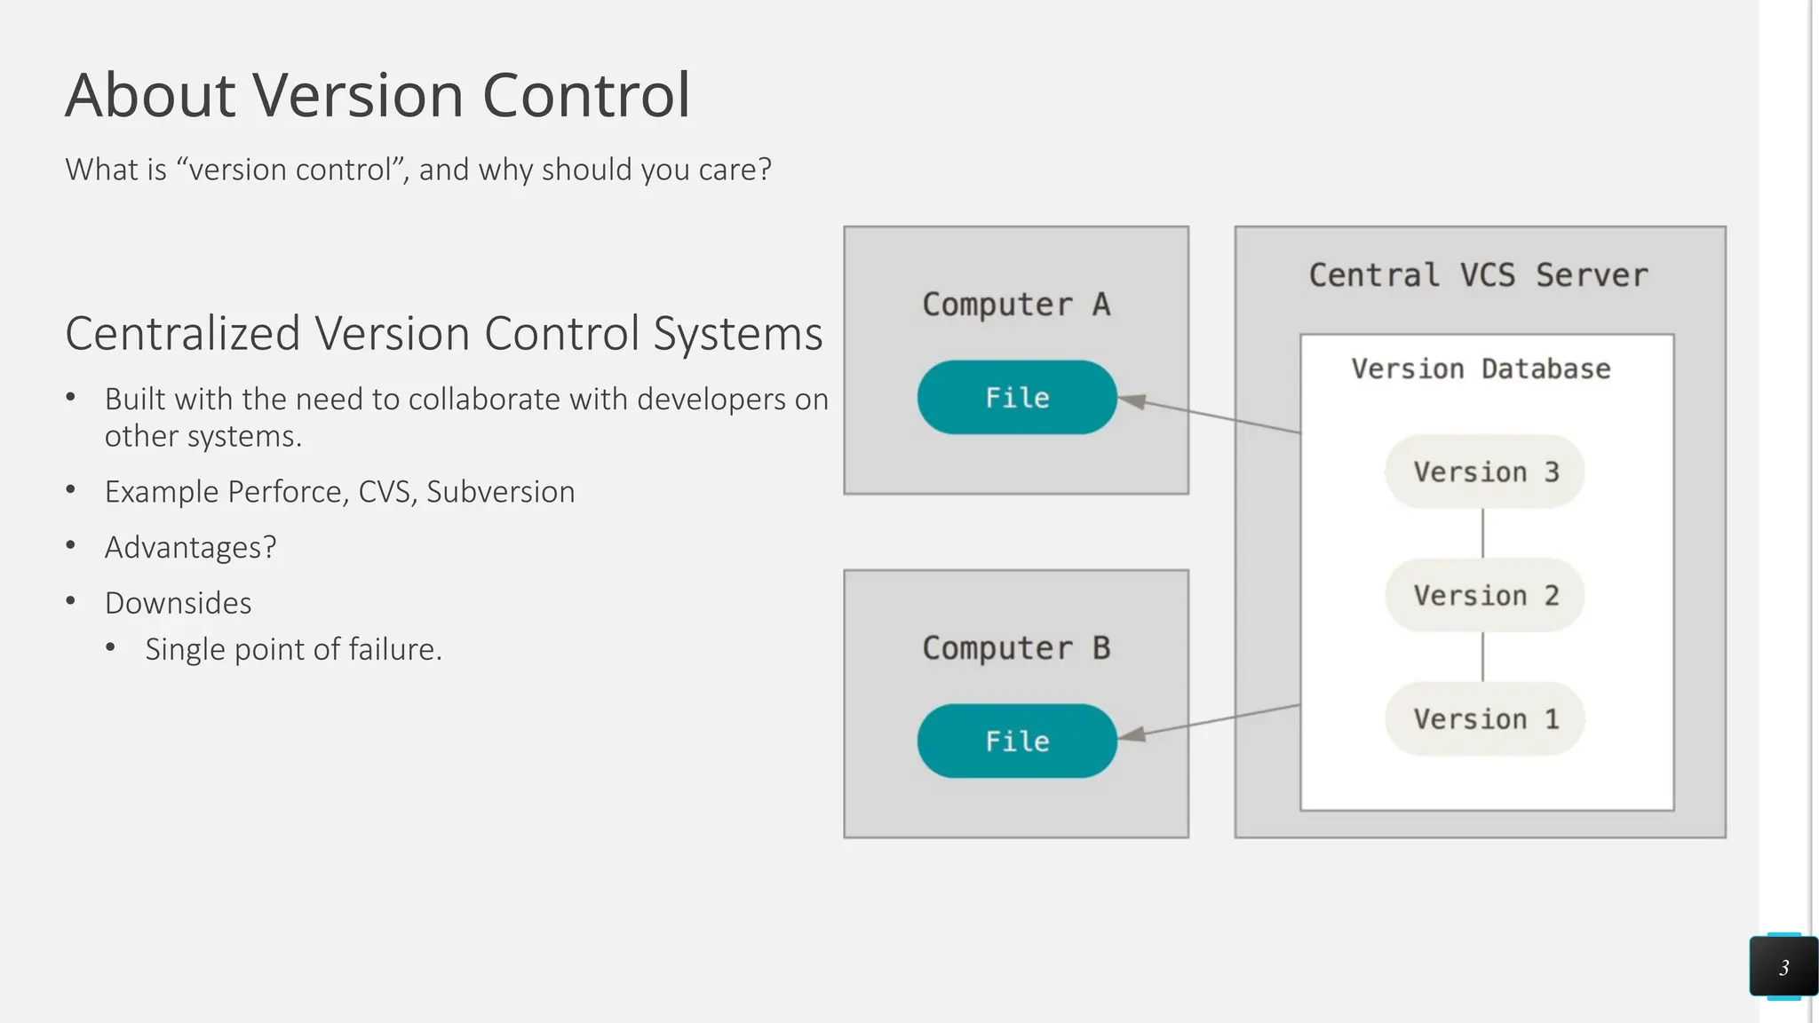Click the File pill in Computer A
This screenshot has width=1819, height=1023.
click(x=1017, y=397)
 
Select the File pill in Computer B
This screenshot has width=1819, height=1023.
click(x=1017, y=741)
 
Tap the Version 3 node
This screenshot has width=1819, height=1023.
click(x=1485, y=472)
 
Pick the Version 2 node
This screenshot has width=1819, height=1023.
click(x=1485, y=595)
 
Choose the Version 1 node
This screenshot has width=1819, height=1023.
click(x=1485, y=718)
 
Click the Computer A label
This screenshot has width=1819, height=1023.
click(x=1016, y=305)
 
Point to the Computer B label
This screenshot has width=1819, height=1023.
click(x=1016, y=648)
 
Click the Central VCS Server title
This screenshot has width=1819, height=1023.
click(x=1479, y=275)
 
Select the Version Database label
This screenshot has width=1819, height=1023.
click(x=1481, y=369)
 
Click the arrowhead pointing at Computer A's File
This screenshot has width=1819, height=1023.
click(x=1132, y=401)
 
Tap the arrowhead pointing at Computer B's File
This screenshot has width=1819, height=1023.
click(x=1132, y=734)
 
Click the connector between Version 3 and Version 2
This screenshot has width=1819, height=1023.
click(x=1482, y=533)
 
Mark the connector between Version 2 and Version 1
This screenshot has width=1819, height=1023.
click(x=1482, y=656)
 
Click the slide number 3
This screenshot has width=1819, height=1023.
click(x=1783, y=967)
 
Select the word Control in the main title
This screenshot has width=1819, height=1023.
click(x=586, y=95)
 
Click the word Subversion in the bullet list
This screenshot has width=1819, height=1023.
click(x=500, y=492)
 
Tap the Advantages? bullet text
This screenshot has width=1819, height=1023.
click(x=190, y=548)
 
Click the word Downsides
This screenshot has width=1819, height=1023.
click(x=178, y=603)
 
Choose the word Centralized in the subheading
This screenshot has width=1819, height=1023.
click(x=183, y=334)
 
